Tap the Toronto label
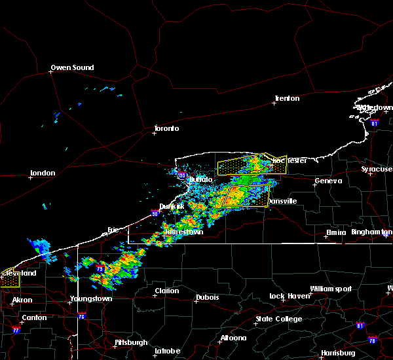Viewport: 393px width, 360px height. click(166, 128)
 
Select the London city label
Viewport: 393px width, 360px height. click(42, 173)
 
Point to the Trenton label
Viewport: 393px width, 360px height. click(287, 98)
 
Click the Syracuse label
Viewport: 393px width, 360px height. click(377, 169)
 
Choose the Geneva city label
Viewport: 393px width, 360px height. click(328, 181)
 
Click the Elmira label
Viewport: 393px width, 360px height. click(336, 233)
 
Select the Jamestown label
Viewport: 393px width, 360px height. click(183, 232)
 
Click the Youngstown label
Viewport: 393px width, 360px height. click(91, 298)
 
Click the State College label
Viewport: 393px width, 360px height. click(279, 319)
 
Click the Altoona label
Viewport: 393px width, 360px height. click(233, 338)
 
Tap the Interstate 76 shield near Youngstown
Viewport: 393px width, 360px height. click(81, 317)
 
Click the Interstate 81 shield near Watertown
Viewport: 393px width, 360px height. click(374, 122)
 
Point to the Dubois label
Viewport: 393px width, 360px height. click(207, 298)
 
